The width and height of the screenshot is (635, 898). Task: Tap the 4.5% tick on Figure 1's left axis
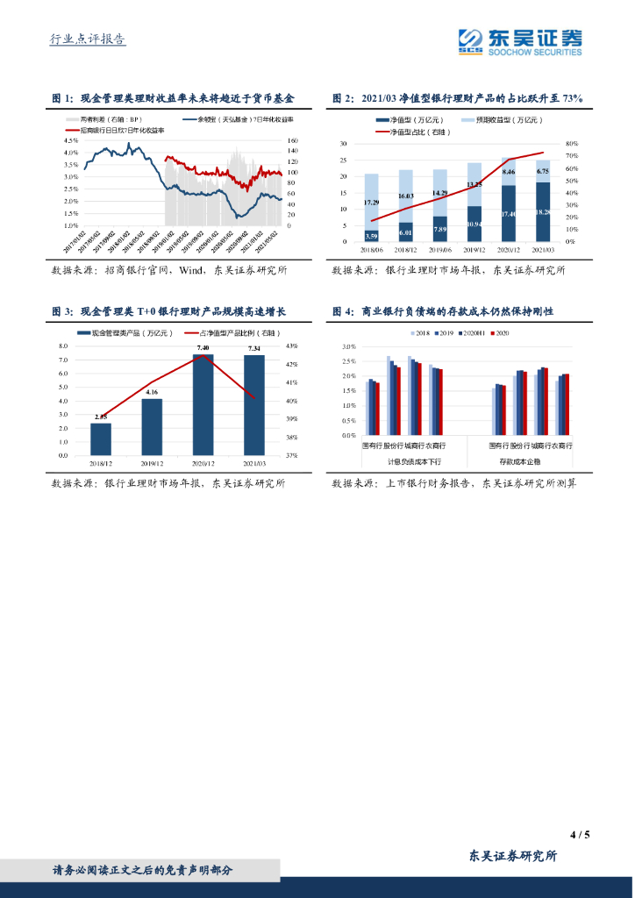[71, 140]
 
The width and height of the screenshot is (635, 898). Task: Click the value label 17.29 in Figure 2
[372, 203]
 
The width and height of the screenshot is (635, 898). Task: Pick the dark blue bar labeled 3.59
[372, 235]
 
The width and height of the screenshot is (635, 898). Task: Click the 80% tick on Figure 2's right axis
[571, 144]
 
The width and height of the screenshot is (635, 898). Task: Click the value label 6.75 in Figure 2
[543, 172]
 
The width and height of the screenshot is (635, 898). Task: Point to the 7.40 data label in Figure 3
[203, 349]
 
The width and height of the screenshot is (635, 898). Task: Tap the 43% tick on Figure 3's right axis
[292, 346]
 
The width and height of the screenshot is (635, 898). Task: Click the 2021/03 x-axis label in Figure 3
[254, 463]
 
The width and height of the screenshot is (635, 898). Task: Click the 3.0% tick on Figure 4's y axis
[348, 347]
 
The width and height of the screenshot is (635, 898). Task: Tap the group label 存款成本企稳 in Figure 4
[518, 460]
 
